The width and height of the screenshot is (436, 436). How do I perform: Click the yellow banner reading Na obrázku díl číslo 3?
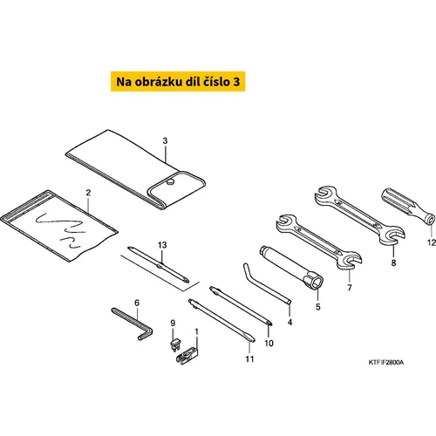coord(178,82)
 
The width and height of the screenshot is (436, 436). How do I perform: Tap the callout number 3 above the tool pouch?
coord(165,141)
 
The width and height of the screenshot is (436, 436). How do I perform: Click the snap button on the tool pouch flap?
coord(170,182)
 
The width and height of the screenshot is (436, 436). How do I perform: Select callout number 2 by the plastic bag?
coord(88,193)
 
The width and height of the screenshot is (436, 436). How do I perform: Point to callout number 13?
coord(162,245)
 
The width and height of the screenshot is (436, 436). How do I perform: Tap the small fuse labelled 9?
coord(175,344)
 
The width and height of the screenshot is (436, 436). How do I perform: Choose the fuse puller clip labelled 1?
coord(187,355)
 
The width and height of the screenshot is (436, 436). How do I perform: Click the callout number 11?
coord(249,359)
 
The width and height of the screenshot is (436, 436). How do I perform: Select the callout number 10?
coord(269,344)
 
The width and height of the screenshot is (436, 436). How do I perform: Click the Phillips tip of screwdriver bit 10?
coord(270,323)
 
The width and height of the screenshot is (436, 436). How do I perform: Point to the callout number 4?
coord(290,322)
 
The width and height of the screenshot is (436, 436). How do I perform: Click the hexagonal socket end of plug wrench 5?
coord(314,281)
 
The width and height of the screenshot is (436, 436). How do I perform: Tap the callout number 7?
coord(350,288)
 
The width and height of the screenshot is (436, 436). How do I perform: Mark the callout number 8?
coord(393,262)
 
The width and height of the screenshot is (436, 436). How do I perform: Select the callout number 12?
coord(432,242)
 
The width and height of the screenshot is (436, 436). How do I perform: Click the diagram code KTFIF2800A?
coord(386,362)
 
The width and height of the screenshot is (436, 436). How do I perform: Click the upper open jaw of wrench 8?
coord(325,193)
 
